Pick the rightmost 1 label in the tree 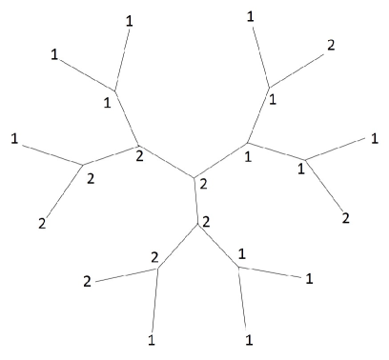coord(361,139)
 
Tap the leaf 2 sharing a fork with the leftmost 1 coord(42,223)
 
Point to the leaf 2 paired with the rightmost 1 coord(345,217)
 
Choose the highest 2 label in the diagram coord(331,45)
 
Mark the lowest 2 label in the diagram coord(87,282)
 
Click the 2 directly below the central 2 coord(206,221)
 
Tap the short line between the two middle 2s coord(195,202)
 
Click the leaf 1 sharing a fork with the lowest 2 coord(152,339)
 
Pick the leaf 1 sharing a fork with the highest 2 coord(250,16)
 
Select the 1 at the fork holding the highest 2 coord(273,97)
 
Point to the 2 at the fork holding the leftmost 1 coord(91,177)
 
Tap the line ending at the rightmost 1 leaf coord(331,150)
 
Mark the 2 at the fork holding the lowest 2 coord(154,257)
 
